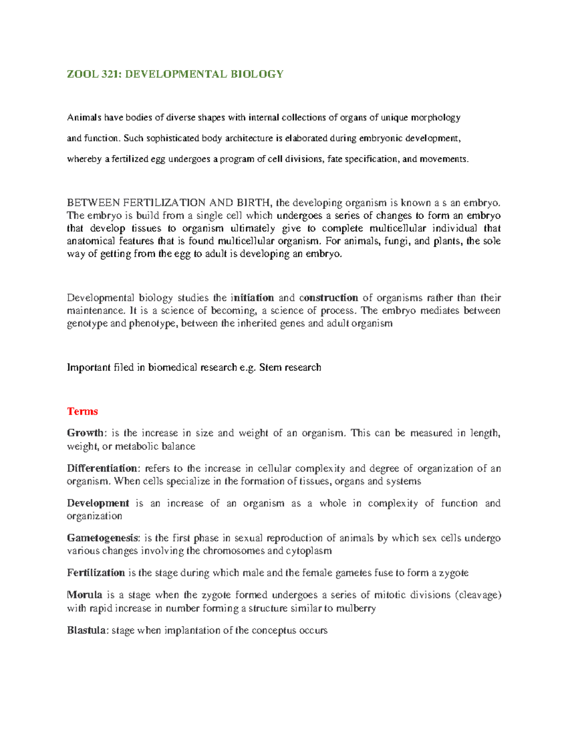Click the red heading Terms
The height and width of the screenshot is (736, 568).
click(x=82, y=411)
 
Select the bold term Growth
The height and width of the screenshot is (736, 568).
click(x=85, y=433)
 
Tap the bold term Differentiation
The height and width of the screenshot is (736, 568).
click(x=102, y=468)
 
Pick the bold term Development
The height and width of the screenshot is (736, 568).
click(x=98, y=503)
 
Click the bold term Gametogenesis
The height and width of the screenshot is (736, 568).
click(x=102, y=538)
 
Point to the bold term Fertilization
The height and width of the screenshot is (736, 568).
click(x=96, y=572)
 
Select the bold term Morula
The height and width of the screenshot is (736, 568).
click(x=85, y=595)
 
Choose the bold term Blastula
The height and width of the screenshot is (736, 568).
click(x=87, y=630)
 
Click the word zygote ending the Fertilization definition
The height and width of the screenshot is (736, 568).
click(x=453, y=573)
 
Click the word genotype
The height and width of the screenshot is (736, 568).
click(x=87, y=324)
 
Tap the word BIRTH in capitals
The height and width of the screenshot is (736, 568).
click(x=255, y=203)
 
